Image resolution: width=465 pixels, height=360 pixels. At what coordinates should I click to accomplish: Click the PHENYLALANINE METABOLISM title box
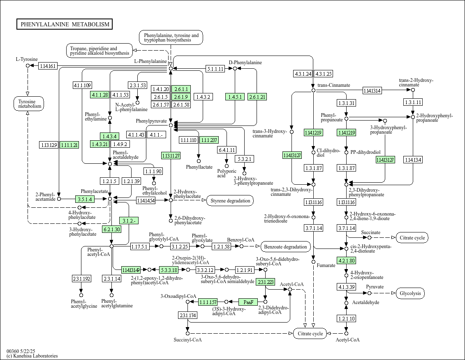(65, 24)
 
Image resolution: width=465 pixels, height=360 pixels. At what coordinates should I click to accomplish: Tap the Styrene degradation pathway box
(230, 201)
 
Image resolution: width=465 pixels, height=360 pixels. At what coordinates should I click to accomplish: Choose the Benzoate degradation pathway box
(286, 247)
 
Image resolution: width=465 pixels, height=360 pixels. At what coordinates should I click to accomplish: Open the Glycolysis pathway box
(410, 293)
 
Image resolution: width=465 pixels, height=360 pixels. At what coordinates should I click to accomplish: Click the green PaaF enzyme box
(248, 302)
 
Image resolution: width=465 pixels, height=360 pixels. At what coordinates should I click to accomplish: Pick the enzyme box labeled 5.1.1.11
(215, 69)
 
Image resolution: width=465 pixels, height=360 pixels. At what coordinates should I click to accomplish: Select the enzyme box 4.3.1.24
(303, 74)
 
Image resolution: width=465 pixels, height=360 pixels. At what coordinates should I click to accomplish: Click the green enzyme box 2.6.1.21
(257, 97)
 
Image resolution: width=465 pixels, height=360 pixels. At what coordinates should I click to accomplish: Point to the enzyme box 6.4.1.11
(227, 150)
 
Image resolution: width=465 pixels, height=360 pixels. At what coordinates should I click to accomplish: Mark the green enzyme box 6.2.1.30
(112, 229)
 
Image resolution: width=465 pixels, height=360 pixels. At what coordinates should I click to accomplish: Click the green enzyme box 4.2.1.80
(346, 260)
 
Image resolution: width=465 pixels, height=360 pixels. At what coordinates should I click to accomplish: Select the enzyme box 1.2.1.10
(346, 318)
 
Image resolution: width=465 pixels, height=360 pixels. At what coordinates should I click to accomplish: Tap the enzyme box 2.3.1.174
(188, 316)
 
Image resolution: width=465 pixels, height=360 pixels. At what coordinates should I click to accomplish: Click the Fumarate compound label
(326, 265)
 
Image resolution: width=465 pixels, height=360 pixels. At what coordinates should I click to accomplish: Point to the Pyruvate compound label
(375, 287)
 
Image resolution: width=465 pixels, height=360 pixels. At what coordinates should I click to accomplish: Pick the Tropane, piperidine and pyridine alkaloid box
(99, 51)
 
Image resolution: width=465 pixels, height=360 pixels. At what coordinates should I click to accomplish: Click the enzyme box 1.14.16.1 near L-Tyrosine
(48, 66)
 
